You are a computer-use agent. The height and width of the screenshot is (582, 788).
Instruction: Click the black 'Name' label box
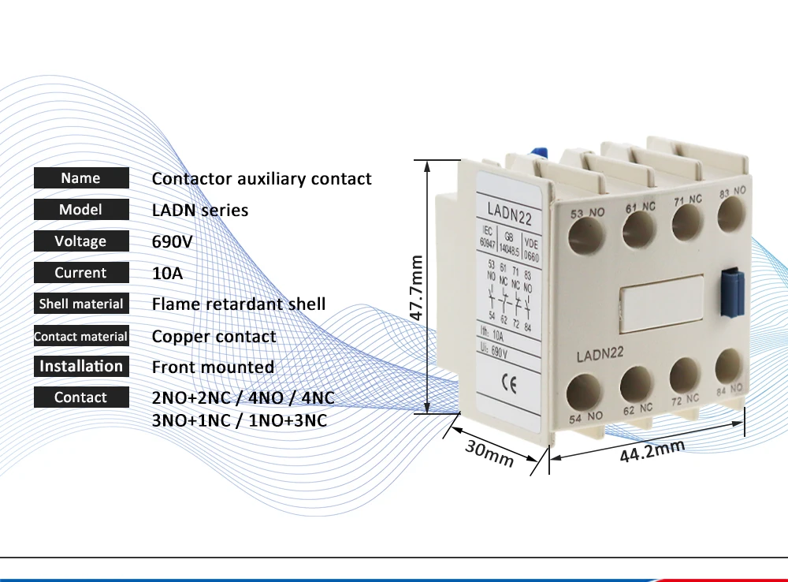(80, 178)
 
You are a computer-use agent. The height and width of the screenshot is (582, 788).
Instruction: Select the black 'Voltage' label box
(80, 241)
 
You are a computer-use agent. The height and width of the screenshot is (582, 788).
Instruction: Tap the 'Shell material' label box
(80, 304)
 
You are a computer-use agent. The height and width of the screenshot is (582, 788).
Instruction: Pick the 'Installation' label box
(80, 366)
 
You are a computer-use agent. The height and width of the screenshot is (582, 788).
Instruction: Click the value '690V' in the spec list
(173, 241)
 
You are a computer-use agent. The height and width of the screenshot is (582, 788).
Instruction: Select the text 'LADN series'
(200, 210)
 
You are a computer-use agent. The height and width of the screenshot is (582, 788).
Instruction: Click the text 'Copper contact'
(214, 337)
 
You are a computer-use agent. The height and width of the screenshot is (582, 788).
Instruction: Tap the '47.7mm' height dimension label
(417, 287)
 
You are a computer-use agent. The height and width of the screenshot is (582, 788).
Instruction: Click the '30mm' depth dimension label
(489, 453)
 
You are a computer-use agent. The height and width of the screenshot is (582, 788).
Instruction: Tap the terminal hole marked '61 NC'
(639, 230)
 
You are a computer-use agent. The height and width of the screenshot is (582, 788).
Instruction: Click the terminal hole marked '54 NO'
(585, 390)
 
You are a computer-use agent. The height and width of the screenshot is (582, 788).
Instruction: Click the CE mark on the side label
(509, 386)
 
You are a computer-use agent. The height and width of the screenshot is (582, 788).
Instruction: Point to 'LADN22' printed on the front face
(600, 356)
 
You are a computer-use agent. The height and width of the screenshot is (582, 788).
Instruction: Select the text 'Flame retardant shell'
(239, 304)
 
